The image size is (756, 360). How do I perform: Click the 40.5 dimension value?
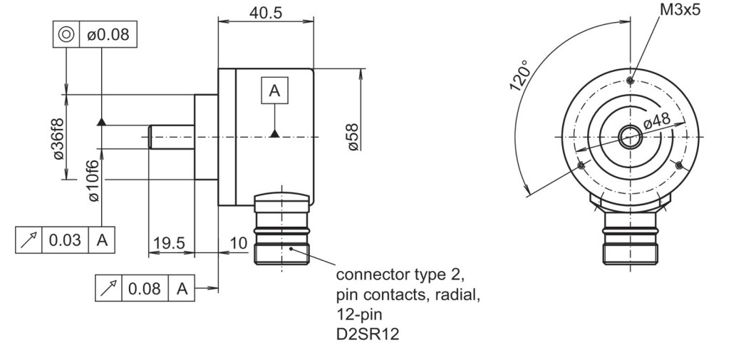pos(265,13)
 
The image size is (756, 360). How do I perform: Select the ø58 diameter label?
pos(353,137)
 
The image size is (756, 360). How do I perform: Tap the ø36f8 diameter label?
pos(58,138)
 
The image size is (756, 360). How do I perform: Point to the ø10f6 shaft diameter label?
pos(93,180)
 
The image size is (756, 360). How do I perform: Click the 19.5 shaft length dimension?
pos(170,243)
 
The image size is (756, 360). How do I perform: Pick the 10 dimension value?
pos(238,243)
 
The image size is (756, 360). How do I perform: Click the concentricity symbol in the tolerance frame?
pos(66,34)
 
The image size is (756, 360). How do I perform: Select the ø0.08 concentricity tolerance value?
pos(108,34)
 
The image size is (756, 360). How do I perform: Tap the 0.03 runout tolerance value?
pos(65,240)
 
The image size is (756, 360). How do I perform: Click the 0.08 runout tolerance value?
pos(145,289)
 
